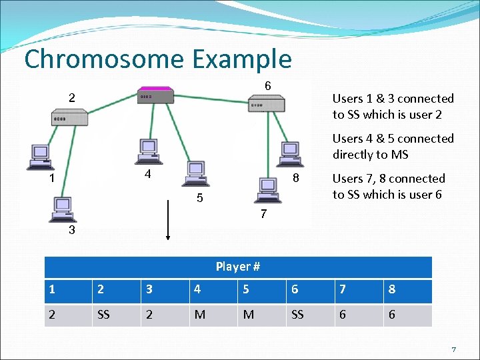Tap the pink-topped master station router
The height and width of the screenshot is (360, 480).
(155, 94)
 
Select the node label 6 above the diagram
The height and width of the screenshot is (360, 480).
(267, 86)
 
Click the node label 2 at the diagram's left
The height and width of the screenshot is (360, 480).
(71, 97)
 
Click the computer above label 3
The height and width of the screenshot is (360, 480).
(63, 209)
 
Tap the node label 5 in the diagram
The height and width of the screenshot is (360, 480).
(199, 199)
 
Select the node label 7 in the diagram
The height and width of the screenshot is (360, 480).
(264, 215)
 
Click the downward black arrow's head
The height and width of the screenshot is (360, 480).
(168, 235)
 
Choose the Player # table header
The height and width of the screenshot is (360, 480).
(237, 267)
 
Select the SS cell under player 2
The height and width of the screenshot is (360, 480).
(103, 315)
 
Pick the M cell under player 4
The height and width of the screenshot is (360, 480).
(199, 315)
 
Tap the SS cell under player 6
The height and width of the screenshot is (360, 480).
(297, 315)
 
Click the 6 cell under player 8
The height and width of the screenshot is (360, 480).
(391, 315)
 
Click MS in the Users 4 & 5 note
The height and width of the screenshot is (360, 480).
(400, 155)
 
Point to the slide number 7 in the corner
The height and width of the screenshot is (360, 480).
(453, 349)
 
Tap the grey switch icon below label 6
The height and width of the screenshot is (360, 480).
(266, 104)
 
